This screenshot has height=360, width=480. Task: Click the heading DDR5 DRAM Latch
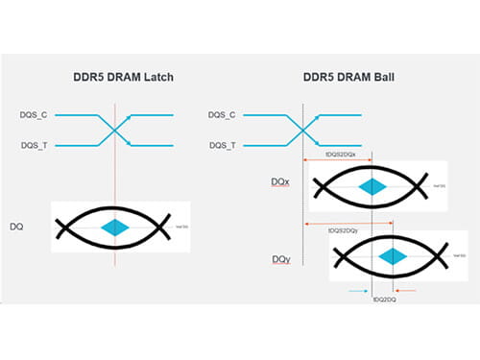[x=114, y=78]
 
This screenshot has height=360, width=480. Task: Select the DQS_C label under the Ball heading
[x=222, y=115]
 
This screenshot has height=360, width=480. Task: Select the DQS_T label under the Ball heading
[x=222, y=146]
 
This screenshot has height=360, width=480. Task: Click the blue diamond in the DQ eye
[x=117, y=227]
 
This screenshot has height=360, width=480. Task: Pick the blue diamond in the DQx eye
[x=371, y=186]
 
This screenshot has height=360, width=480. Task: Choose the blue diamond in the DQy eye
[x=391, y=256]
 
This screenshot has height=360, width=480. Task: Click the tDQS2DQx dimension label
[x=343, y=154]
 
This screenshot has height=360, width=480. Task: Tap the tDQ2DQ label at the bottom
[x=383, y=300]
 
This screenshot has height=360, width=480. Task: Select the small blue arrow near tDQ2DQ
[x=358, y=289]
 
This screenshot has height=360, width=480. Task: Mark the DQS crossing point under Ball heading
[x=302, y=131]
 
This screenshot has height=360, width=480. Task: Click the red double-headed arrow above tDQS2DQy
[x=347, y=223]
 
